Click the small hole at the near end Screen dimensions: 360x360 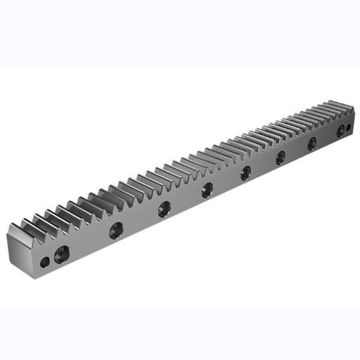coord(46,262)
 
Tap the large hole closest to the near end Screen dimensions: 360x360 coord(63,251)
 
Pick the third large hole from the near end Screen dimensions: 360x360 coord(163,211)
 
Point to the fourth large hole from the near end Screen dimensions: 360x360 coord(207,189)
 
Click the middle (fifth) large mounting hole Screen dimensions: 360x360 coord(245,173)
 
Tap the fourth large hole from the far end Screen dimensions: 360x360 coord(280,157)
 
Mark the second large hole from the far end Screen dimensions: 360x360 coord(340,130)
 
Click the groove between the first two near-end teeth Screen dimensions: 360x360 coord(37,225)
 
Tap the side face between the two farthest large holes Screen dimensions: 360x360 coord(325,136)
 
